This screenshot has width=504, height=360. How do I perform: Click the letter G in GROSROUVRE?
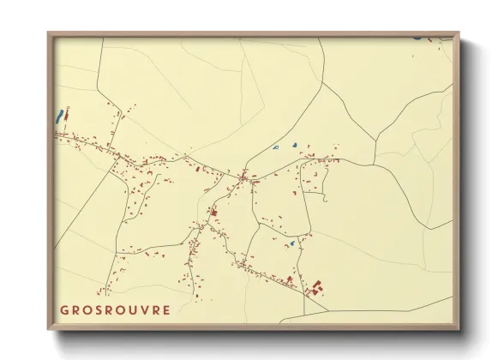[65, 309]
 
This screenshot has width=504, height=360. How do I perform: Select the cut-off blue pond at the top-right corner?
[417, 38]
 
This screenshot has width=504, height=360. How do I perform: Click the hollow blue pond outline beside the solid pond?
[276, 148]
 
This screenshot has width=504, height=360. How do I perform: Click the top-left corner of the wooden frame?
[48, 33]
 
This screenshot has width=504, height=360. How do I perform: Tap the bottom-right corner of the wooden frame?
[460, 331]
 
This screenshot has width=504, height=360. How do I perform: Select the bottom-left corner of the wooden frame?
[48, 331]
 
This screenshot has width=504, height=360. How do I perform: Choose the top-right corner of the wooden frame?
[460, 33]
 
